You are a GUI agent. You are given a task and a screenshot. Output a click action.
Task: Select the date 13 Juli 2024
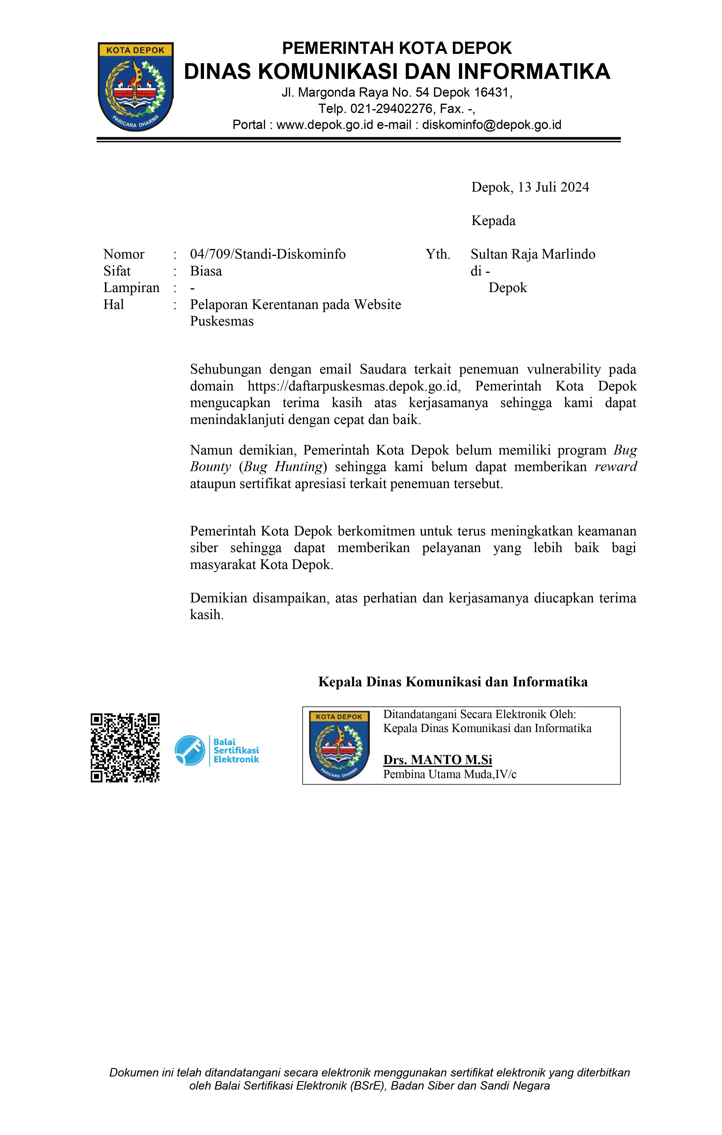[x=554, y=188]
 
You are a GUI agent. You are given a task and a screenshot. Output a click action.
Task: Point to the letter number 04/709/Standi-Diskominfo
[x=267, y=254]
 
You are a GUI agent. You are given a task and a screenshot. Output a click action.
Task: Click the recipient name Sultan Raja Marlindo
[x=533, y=254]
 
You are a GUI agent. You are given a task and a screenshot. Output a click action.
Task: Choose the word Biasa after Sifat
[x=206, y=271]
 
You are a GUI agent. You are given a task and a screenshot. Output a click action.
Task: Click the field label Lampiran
[x=132, y=288]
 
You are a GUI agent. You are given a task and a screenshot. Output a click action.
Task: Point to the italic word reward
[x=615, y=467]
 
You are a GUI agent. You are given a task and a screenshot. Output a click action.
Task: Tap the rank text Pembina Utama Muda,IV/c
[x=450, y=775]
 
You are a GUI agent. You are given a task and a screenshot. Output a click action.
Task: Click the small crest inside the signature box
[x=339, y=746]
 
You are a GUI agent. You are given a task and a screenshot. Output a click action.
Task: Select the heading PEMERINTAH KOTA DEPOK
[x=397, y=48]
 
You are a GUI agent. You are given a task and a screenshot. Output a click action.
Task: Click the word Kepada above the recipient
[x=493, y=221]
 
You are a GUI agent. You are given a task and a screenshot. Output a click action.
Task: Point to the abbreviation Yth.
[x=438, y=254]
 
